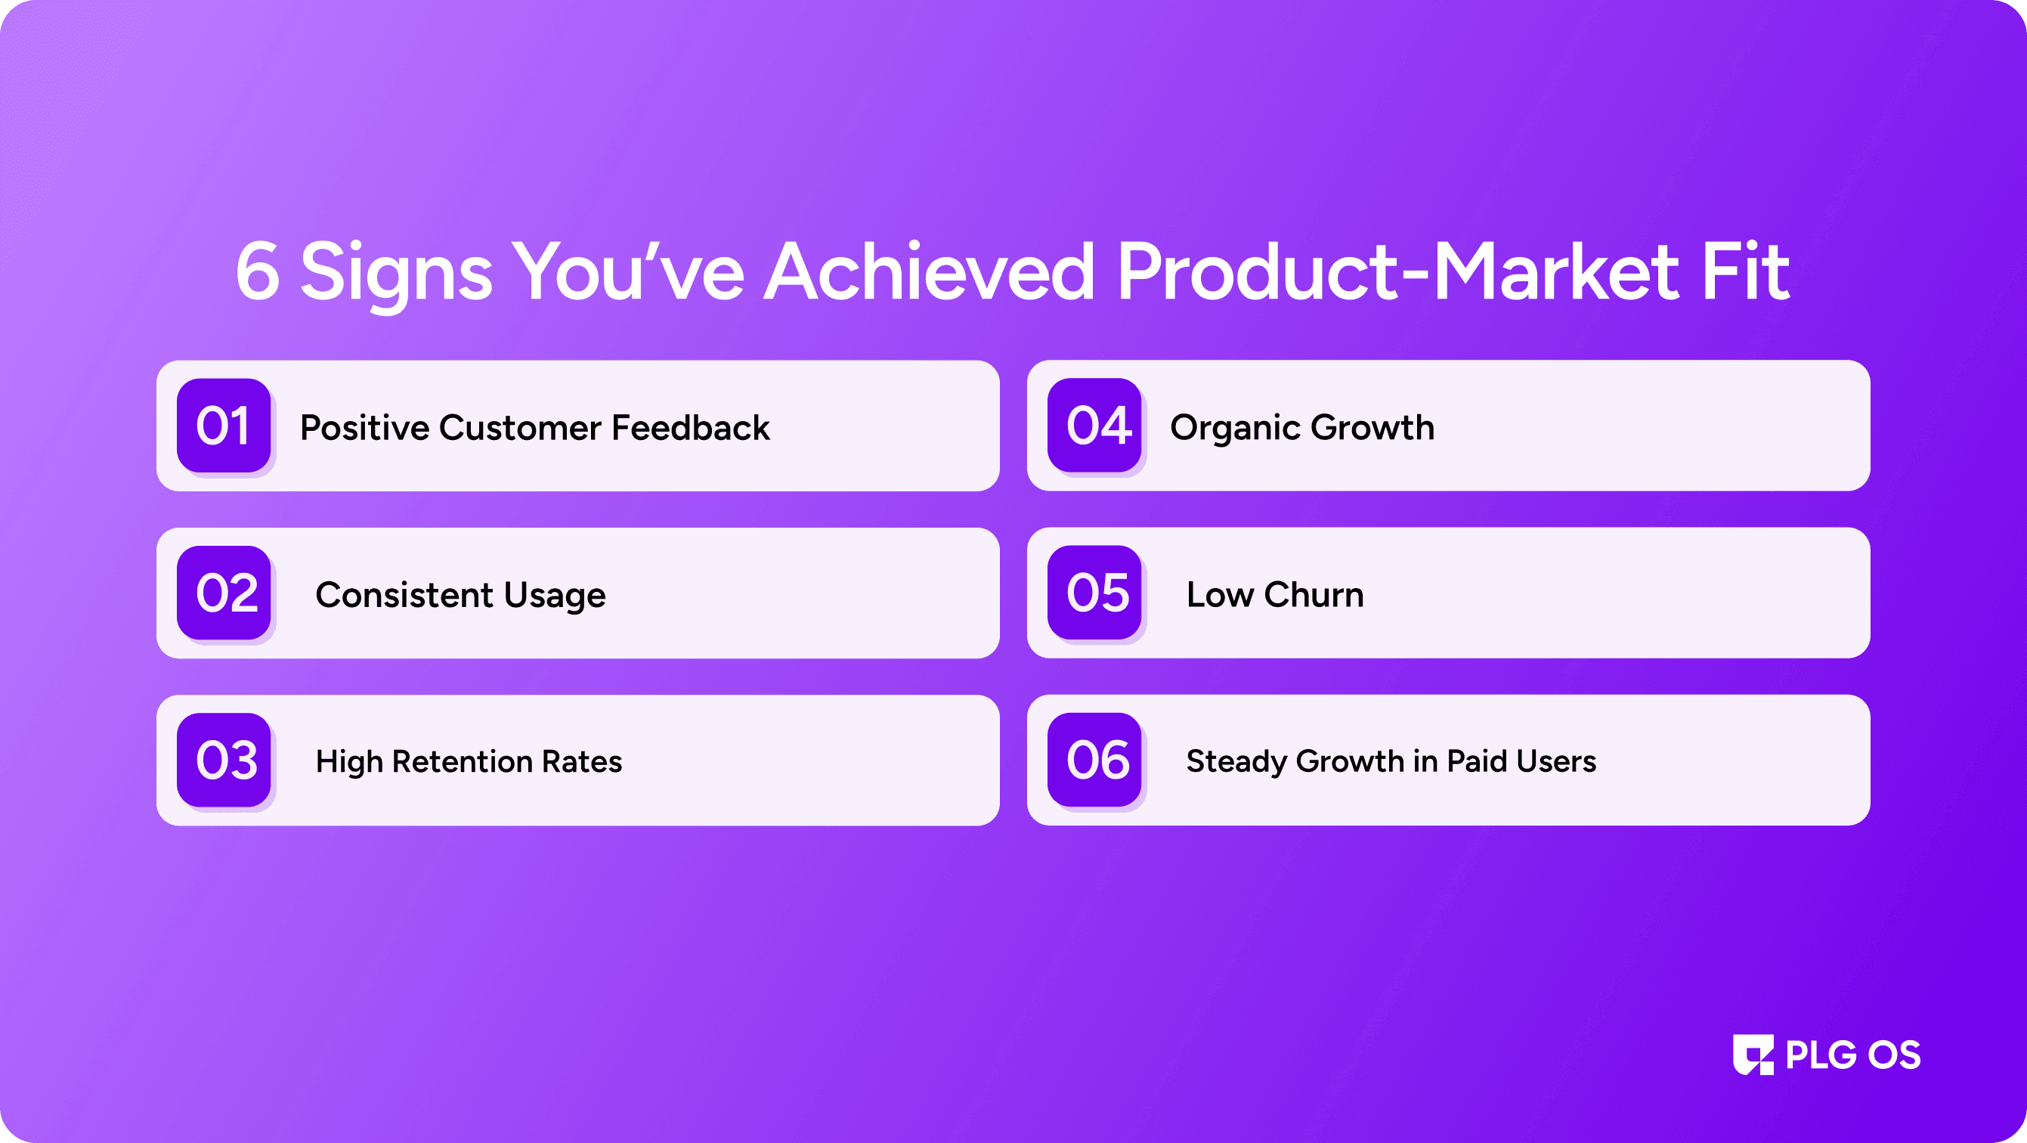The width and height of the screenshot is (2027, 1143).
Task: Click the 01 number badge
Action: click(224, 425)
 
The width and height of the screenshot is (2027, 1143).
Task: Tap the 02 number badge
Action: click(224, 593)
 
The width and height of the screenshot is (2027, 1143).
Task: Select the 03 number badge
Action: click(224, 760)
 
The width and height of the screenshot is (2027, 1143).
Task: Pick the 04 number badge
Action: click(1094, 425)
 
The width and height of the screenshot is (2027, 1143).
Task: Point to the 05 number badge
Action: click(1094, 593)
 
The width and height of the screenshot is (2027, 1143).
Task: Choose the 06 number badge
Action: click(1094, 760)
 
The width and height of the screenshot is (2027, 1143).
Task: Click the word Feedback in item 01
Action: click(690, 427)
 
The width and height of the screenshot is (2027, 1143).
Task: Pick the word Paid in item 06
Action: click(1477, 761)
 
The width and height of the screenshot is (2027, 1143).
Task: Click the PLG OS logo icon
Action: click(1753, 1055)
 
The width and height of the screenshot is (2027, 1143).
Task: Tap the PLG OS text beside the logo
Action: click(1853, 1055)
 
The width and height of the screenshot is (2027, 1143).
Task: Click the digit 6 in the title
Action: click(257, 271)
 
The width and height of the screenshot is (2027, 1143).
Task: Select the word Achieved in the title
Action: click(930, 271)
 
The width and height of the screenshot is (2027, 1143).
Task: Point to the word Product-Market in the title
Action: click(1398, 271)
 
